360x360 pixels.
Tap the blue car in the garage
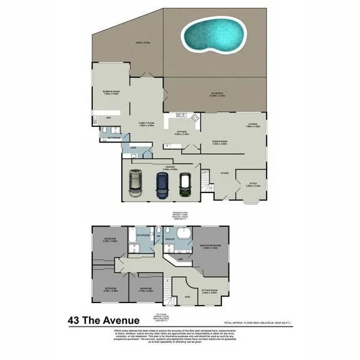point(161,185)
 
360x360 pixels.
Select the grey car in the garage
point(135,183)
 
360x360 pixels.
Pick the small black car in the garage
point(185,185)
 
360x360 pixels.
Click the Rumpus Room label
point(111,91)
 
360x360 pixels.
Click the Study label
point(253,184)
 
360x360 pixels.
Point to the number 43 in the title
point(76,321)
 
